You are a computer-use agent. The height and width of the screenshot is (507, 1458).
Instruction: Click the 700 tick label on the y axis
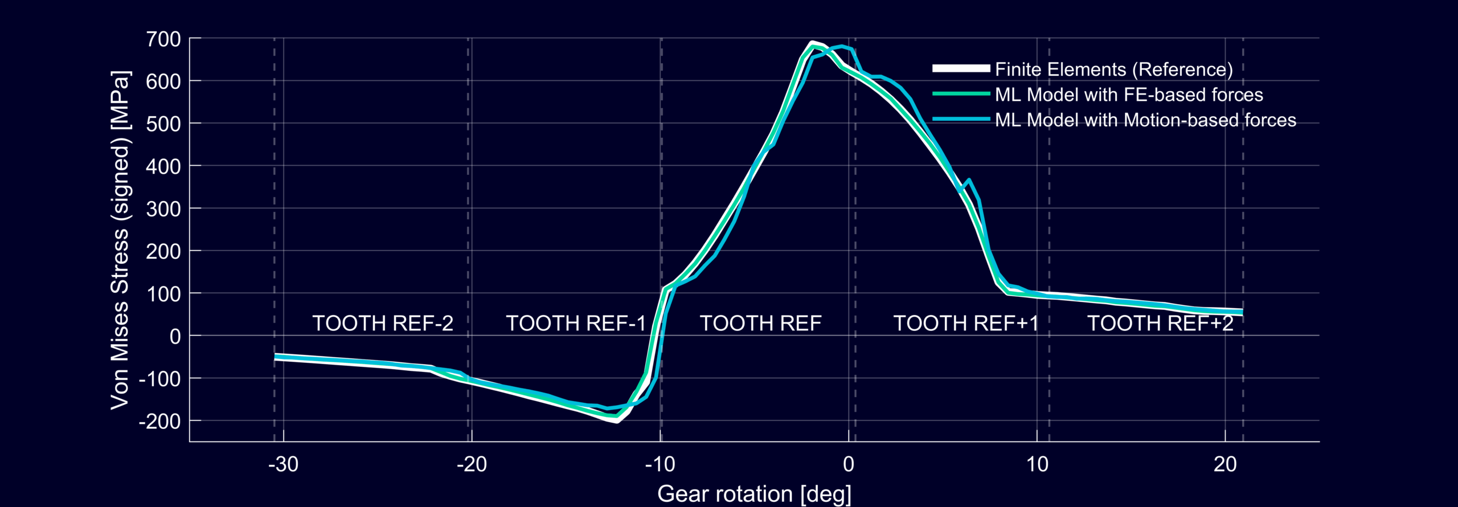coord(163,39)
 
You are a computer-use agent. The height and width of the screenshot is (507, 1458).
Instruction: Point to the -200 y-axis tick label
coord(159,422)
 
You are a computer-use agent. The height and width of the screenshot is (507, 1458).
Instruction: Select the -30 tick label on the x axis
coord(283,465)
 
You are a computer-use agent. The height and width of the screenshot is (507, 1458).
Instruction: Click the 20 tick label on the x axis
coord(1225,465)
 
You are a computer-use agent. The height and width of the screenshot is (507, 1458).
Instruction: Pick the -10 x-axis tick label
coord(660,465)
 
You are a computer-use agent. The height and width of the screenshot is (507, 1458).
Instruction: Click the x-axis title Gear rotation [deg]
coord(754,494)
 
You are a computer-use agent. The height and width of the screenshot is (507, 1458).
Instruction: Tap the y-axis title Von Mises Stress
coord(121,240)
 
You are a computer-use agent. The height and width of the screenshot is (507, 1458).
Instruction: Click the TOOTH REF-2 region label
coord(383,324)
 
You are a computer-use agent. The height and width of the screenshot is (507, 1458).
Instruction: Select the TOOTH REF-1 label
coord(576,324)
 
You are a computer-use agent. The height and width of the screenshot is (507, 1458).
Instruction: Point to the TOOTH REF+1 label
coord(965,324)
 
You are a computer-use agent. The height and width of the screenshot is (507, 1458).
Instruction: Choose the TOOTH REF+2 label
coord(1160,324)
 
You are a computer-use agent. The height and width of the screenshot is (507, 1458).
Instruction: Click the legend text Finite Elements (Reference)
coord(1113,69)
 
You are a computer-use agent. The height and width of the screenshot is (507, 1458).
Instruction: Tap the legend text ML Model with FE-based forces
coord(1129,95)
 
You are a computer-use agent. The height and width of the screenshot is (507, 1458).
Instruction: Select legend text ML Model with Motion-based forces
coord(1145,120)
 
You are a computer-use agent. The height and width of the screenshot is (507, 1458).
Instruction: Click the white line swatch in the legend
coord(961,69)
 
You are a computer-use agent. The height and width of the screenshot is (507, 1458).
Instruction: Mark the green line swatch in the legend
coord(961,94)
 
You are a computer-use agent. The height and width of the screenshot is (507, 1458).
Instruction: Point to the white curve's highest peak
coord(812,43)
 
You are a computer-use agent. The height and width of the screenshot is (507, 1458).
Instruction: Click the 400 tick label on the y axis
coord(163,167)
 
